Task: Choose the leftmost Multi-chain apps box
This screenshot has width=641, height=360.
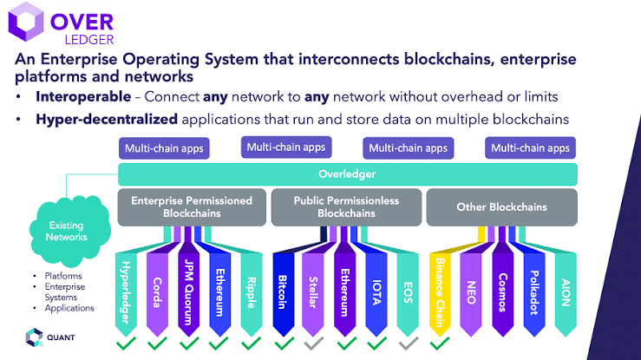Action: pyautogui.click(x=164, y=148)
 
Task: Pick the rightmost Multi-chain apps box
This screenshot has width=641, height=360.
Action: pyautogui.click(x=530, y=148)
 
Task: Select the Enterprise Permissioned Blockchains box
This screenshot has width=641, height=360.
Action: pyautogui.click(x=192, y=206)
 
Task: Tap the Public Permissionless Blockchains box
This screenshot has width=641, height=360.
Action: pyautogui.click(x=346, y=206)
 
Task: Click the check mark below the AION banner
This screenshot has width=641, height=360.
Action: pyautogui.click(x=566, y=344)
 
